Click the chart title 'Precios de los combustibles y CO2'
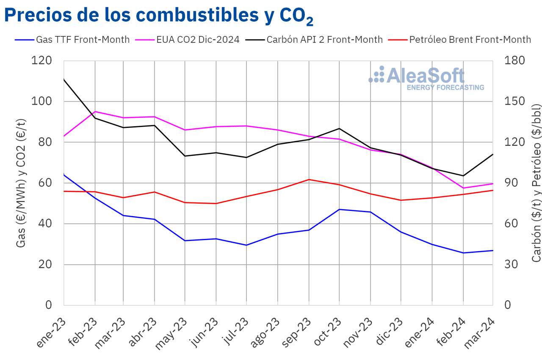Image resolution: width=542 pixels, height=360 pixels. tap(158, 16)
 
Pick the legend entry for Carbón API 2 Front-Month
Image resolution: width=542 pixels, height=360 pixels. tap(324, 40)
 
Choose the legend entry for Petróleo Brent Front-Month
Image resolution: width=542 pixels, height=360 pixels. tap(470, 40)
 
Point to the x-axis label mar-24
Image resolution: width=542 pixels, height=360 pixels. tap(480, 333)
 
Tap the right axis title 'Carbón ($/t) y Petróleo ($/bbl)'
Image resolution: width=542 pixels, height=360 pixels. tap(536, 183)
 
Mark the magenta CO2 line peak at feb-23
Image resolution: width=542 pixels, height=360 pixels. tap(95, 111)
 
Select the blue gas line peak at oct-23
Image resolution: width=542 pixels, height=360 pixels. tap(340, 209)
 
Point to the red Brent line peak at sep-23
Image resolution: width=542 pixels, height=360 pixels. tap(309, 180)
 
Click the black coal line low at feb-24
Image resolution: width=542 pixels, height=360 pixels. tap(463, 176)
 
